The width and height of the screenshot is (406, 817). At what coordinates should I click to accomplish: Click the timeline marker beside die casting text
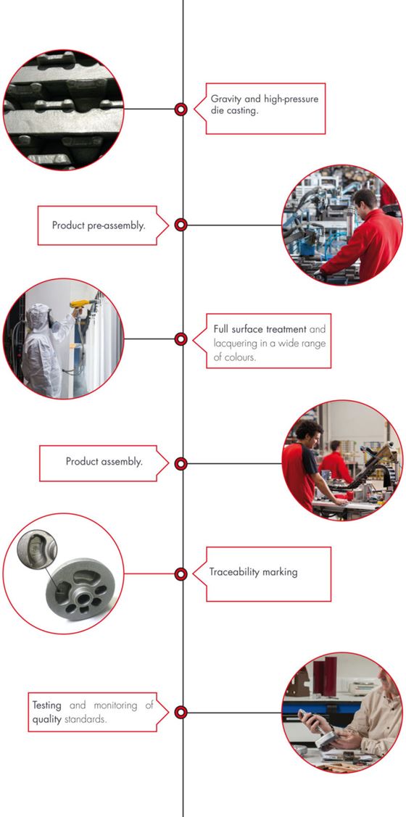click(x=181, y=109)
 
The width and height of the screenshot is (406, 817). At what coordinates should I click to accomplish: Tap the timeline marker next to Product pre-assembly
click(x=181, y=225)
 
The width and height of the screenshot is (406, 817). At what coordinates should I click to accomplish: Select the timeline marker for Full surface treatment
click(x=181, y=339)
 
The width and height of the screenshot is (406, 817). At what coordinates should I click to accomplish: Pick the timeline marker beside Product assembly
click(x=181, y=463)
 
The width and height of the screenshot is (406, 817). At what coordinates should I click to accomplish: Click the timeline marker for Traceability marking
click(x=181, y=574)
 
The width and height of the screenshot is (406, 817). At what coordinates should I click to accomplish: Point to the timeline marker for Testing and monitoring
click(x=181, y=712)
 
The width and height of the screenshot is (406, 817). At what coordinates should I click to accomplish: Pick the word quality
click(x=46, y=719)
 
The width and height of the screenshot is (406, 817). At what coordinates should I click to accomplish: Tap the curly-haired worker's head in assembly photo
click(x=307, y=431)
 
